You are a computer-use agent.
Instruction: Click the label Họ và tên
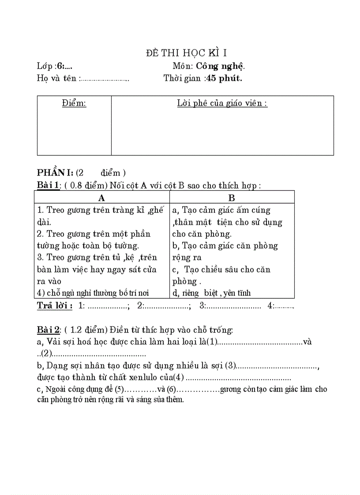click(x=57, y=78)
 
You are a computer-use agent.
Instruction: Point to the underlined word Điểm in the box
click(x=74, y=104)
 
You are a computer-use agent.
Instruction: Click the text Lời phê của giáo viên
click(x=222, y=104)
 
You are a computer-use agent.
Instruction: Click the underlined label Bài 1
click(x=48, y=186)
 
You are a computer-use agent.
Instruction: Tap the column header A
click(x=101, y=197)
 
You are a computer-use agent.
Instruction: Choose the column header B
click(x=232, y=197)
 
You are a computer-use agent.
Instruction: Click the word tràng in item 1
click(x=122, y=210)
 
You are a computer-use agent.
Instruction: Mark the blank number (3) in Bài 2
click(x=231, y=365)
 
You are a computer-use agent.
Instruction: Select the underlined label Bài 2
click(x=48, y=330)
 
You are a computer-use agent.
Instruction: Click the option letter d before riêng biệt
click(x=175, y=293)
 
